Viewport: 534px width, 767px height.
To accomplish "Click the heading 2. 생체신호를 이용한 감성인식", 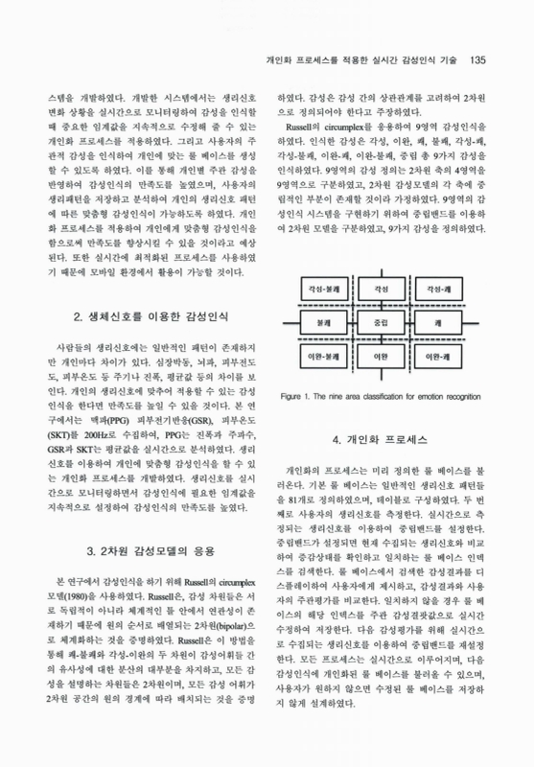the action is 150,315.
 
